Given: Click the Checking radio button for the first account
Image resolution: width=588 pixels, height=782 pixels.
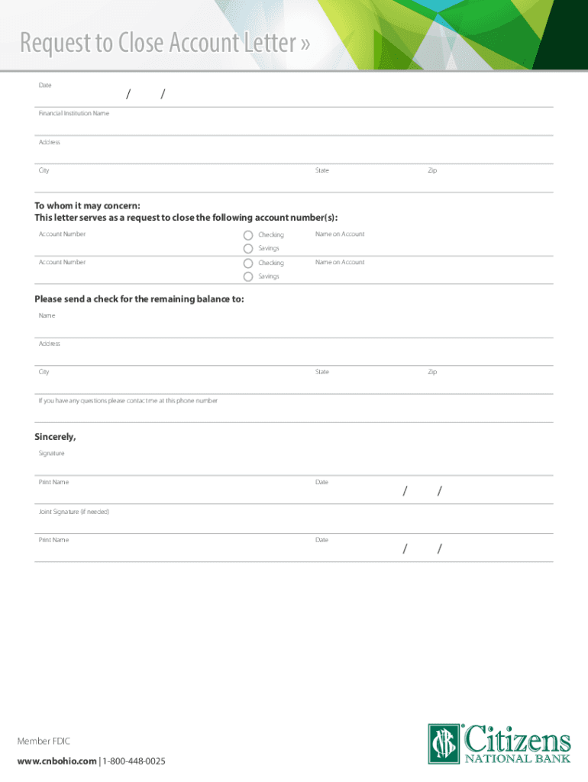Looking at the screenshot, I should pyautogui.click(x=248, y=234).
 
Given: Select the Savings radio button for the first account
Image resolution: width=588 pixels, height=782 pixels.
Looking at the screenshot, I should pyautogui.click(x=248, y=248).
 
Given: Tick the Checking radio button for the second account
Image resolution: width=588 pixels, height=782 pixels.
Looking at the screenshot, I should pyautogui.click(x=248, y=263).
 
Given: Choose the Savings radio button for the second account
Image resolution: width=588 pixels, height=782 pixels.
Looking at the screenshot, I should pyautogui.click(x=248, y=276).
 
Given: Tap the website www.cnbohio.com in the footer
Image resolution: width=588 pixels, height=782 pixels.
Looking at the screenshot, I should pyautogui.click(x=57, y=761).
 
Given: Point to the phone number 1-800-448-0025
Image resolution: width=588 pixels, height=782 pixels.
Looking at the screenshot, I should pyautogui.click(x=134, y=761).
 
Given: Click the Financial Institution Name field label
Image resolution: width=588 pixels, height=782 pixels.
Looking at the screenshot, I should pyautogui.click(x=74, y=113).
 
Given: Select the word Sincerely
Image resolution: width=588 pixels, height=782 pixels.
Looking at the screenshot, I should pyautogui.click(x=55, y=437).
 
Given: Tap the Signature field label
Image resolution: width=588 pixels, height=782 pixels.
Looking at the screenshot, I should pyautogui.click(x=52, y=454).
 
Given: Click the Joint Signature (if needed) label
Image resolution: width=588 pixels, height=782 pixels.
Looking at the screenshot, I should pyautogui.click(x=74, y=511).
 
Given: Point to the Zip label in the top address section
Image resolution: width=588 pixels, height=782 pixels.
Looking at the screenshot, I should pyautogui.click(x=432, y=170).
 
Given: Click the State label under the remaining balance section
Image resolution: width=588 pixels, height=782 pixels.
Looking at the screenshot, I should pyautogui.click(x=322, y=372).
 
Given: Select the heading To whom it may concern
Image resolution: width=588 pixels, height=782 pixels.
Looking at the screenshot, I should pyautogui.click(x=87, y=205).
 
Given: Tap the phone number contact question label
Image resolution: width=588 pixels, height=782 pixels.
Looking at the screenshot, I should pyautogui.click(x=128, y=401).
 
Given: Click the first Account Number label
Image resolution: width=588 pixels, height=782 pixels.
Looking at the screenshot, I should pyautogui.click(x=63, y=234).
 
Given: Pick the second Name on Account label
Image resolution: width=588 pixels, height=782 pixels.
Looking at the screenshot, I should pyautogui.click(x=340, y=262).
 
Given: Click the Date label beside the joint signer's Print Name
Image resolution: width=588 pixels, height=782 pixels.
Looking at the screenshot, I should pyautogui.click(x=321, y=540).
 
